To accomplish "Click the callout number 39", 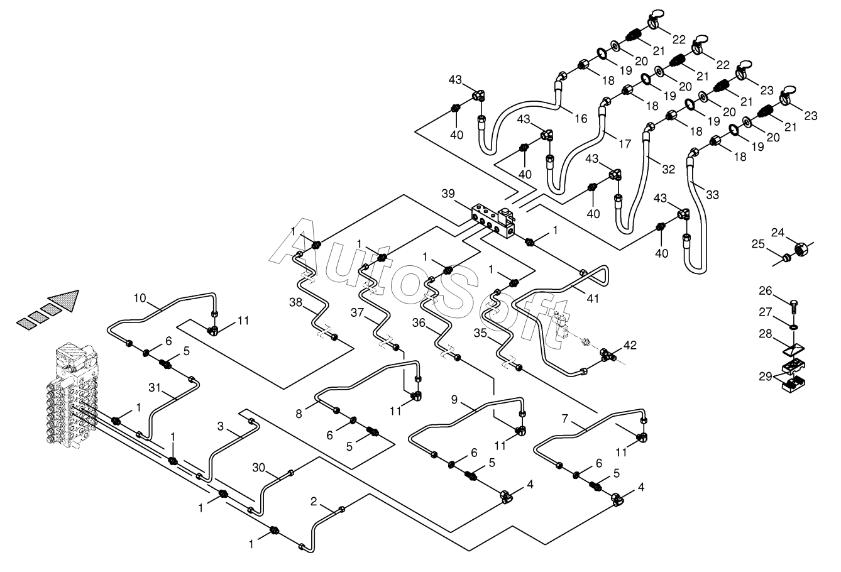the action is click(448, 194).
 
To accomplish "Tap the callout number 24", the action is click(778, 233).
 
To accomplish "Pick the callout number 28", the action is click(766, 334).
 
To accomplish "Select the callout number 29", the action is click(766, 376).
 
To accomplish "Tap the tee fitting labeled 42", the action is click(608, 354).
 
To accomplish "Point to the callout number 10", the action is click(140, 298).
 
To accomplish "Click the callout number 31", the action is click(155, 388).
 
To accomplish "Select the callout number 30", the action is click(259, 468).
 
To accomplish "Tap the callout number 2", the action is click(314, 502).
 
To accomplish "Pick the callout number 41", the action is click(593, 299).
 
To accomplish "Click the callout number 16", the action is click(581, 119).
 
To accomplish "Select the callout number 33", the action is click(712, 195).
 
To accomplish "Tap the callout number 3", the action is click(221, 426).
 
